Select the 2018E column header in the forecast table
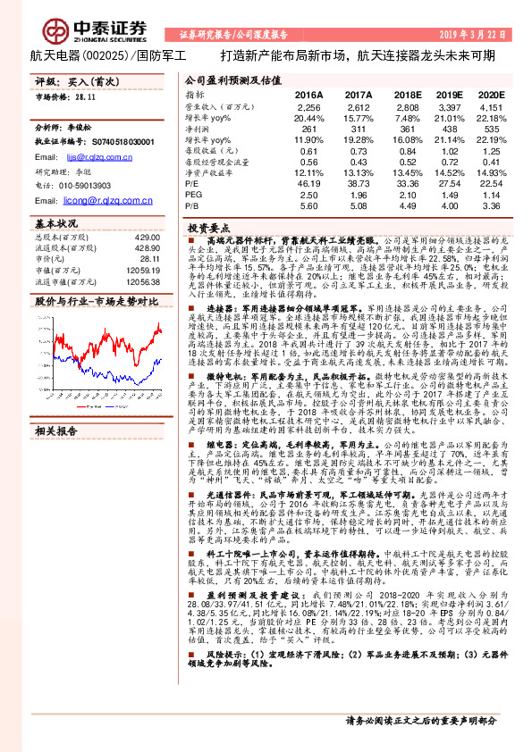coord(408,94)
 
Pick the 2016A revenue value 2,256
coord(308,105)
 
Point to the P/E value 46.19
coord(308,182)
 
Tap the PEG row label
coord(194,194)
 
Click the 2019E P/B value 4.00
coord(448,205)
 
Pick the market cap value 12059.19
coord(143,269)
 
